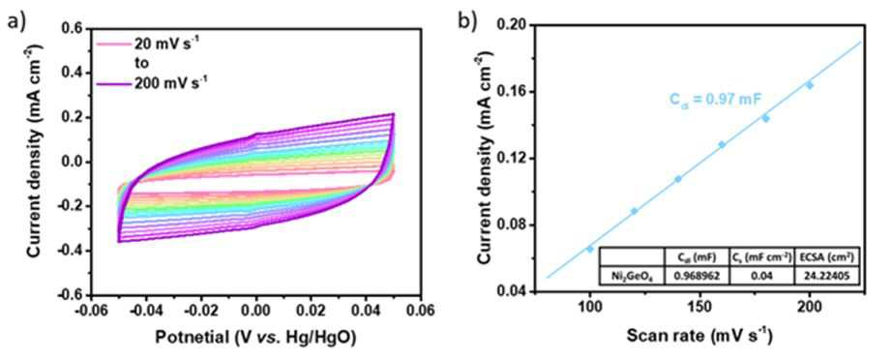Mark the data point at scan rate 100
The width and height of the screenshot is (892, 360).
coord(590,249)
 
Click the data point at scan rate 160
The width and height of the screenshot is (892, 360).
coord(722,144)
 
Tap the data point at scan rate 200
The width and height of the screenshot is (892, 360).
coord(810,85)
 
